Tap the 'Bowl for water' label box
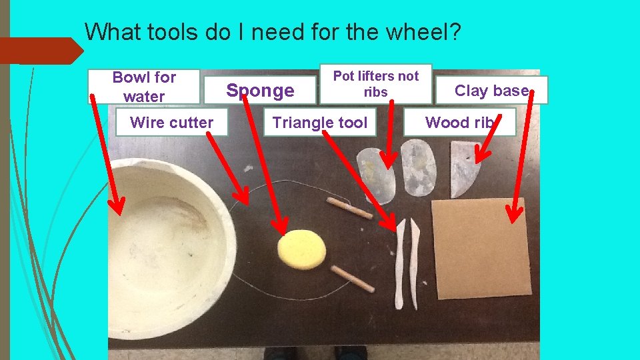(x=144, y=87)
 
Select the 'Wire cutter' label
(x=171, y=123)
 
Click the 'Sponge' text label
(x=260, y=91)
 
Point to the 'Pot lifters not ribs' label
(x=375, y=84)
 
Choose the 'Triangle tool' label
(x=319, y=123)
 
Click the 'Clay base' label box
(x=491, y=91)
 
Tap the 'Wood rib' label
(x=459, y=123)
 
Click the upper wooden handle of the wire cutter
(x=349, y=208)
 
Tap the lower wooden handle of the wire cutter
(x=353, y=278)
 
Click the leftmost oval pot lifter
(x=376, y=175)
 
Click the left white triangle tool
(x=400, y=263)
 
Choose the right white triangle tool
(x=415, y=263)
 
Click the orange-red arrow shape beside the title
(x=40, y=51)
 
